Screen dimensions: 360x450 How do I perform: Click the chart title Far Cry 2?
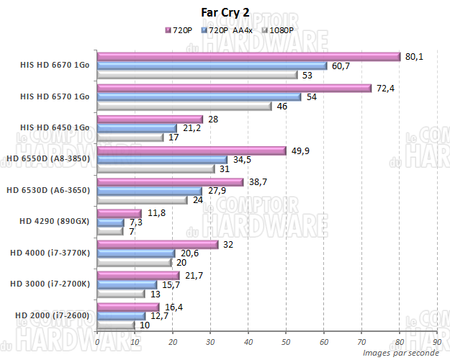tap(225, 13)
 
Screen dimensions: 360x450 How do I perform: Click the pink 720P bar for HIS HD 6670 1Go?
tap(248, 57)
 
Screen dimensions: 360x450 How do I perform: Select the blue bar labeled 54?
tap(199, 97)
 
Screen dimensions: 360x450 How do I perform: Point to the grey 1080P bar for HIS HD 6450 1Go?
tap(130, 138)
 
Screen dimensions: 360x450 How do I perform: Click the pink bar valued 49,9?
tap(192, 150)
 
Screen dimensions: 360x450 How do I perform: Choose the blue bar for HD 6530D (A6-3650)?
tap(150, 191)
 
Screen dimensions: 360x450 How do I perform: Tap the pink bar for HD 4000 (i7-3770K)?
tap(158, 245)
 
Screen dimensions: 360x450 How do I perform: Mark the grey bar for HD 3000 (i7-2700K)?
tap(122, 294)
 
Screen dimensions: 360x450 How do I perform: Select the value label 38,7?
tap(258, 181)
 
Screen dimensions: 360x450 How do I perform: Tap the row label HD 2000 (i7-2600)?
tap(53, 315)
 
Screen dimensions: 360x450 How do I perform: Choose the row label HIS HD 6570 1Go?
tap(55, 96)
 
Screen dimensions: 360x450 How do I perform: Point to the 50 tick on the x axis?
tap(286, 341)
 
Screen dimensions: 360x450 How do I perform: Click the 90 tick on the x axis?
tap(437, 341)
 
